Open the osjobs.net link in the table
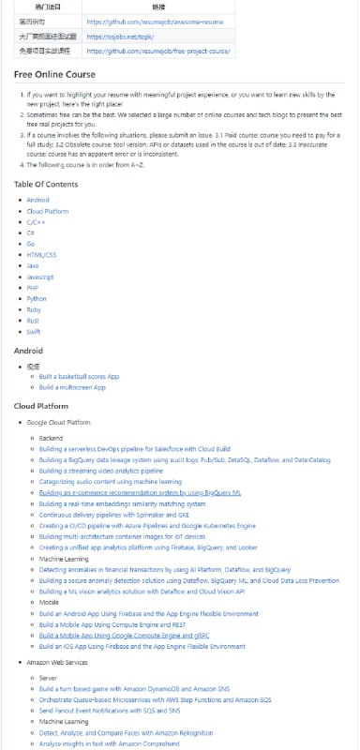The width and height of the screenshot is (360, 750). coord(112,36)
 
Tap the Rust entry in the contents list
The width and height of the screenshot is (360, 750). coord(32,320)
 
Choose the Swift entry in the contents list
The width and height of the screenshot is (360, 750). coord(33,333)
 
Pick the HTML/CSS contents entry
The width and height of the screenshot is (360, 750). coord(40,253)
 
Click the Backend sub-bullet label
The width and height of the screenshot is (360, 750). coord(52,438)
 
